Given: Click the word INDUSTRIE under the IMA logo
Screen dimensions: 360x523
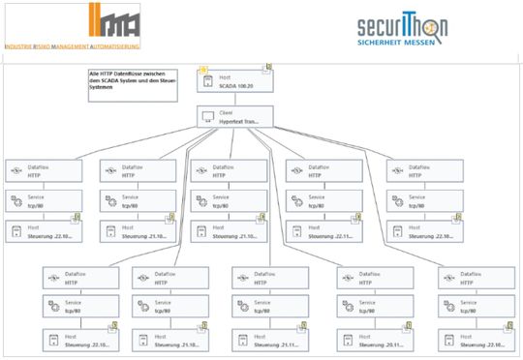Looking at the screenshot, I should tap(22, 45).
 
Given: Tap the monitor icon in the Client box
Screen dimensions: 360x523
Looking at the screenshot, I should tap(205, 117).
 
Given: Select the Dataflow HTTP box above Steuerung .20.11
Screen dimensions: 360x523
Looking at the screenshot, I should tap(371, 277).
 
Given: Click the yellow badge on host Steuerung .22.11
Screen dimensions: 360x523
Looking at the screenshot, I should tap(357, 218).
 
